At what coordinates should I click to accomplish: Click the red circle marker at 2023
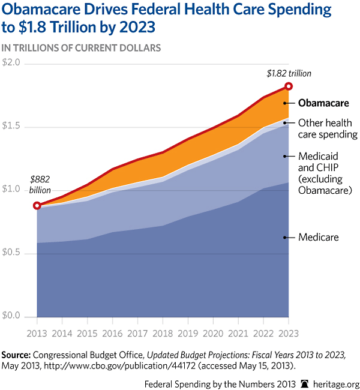(x=289, y=88)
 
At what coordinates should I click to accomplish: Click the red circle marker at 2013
(x=37, y=206)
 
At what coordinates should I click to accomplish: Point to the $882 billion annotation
(x=40, y=184)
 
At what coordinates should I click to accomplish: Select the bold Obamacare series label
(x=324, y=103)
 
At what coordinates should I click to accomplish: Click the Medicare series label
(x=319, y=237)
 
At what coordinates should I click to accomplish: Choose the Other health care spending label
(x=328, y=128)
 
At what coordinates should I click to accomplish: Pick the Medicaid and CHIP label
(x=325, y=173)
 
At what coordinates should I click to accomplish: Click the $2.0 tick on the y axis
(x=11, y=62)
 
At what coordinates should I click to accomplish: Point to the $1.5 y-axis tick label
(x=11, y=126)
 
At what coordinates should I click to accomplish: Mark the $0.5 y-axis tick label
(x=11, y=253)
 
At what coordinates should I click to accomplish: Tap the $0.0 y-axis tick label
(x=11, y=316)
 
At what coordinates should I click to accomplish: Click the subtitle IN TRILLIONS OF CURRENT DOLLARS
(x=82, y=47)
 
